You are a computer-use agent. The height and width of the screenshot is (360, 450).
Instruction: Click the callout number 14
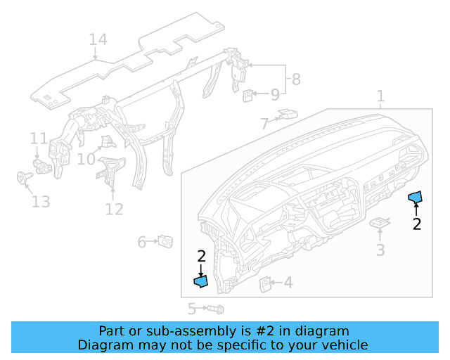point(98,39)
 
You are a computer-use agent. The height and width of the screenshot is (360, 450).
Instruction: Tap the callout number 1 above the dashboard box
point(380,96)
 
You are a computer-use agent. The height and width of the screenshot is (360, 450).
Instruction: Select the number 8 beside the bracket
point(296,79)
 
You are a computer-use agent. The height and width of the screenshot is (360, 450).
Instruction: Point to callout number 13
point(41,202)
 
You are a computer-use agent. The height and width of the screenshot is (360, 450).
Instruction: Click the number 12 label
point(114,209)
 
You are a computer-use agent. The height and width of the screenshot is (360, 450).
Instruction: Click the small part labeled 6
point(166,241)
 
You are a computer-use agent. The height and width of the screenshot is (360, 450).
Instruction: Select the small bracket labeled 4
point(266,283)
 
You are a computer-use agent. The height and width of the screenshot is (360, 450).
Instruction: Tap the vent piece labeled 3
point(380,223)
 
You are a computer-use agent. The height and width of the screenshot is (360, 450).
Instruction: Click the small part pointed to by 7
point(287,113)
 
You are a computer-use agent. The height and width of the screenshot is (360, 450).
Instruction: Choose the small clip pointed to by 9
point(249,94)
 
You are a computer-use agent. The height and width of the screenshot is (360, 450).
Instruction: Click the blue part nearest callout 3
point(416,196)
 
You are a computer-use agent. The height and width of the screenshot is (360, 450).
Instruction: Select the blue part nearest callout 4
point(201,281)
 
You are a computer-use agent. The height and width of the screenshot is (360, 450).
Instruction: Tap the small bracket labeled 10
point(107,143)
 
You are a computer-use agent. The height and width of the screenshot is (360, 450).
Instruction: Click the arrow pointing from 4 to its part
point(278,283)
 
